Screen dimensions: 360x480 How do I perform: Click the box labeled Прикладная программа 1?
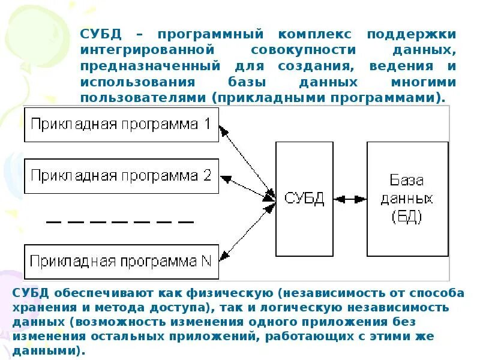(121, 125)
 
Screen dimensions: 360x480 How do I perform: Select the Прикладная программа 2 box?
(121, 176)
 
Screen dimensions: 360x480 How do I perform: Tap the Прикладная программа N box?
(121, 262)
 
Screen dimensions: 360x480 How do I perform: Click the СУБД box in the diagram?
(304, 199)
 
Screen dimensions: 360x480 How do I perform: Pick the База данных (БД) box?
(407, 199)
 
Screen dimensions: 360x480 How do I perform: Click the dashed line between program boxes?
(120, 221)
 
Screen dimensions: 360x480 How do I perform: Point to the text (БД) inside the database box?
(407, 217)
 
